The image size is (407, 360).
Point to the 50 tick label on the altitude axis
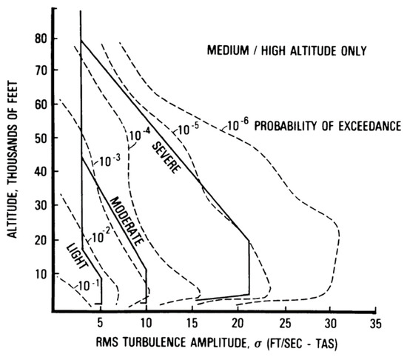click(41, 138)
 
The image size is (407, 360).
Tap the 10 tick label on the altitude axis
click(41, 274)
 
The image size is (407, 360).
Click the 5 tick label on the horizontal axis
click(100, 323)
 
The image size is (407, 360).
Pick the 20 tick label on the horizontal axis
click(238, 323)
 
